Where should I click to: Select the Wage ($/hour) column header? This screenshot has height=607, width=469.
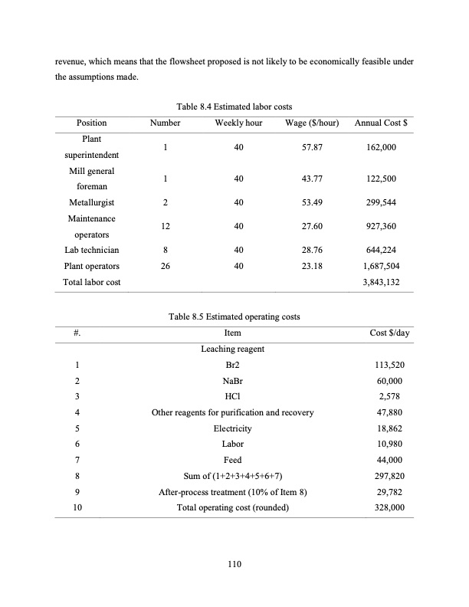[x=312, y=123]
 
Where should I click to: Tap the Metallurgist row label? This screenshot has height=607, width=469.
[x=92, y=203]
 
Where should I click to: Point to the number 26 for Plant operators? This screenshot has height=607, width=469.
[x=166, y=266]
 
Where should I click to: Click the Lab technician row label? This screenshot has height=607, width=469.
[x=92, y=250]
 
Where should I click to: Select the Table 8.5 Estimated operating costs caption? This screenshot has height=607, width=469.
[x=235, y=317]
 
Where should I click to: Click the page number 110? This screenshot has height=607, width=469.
[x=235, y=565]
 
